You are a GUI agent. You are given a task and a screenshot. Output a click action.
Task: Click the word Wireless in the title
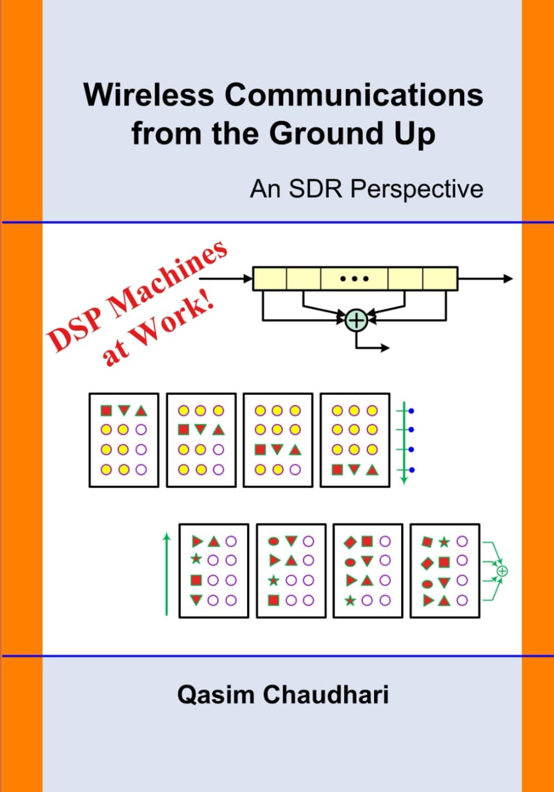(148, 95)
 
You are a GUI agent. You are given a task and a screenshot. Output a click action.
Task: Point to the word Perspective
(417, 189)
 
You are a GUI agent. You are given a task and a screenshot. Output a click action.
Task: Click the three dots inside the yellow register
(355, 279)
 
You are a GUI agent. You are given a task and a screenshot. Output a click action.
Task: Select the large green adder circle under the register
(356, 320)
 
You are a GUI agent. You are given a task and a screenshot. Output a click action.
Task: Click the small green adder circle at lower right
(502, 571)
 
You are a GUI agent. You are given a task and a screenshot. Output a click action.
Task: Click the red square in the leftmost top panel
(106, 411)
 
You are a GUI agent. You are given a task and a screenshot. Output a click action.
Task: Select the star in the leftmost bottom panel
(196, 559)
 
